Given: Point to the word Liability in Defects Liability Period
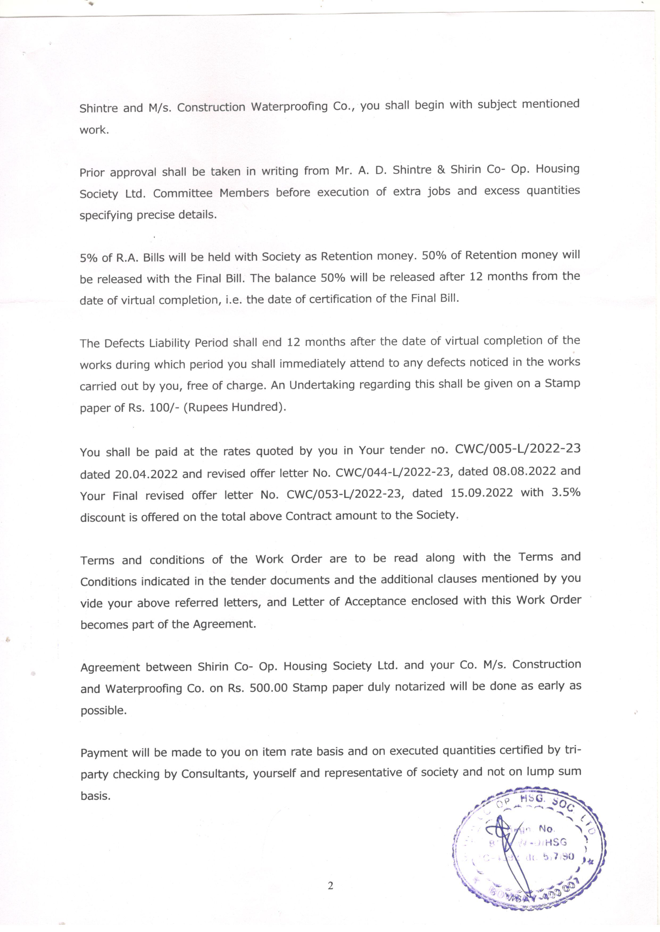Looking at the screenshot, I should [169, 343].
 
